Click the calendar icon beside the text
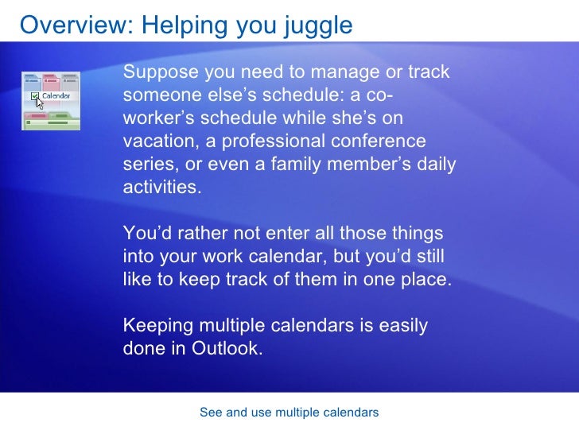click(x=51, y=100)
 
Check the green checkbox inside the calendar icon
click(x=34, y=97)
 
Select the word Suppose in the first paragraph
click(x=161, y=73)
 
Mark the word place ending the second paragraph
click(x=426, y=281)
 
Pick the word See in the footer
click(x=211, y=413)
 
